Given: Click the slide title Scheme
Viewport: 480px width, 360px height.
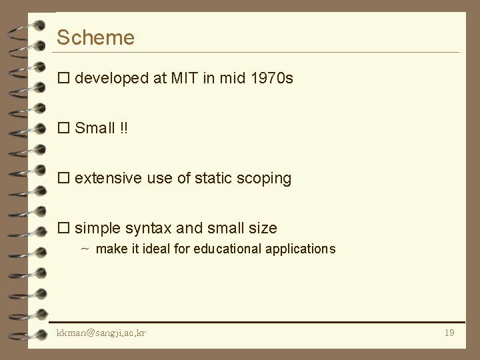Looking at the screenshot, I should pos(95,38).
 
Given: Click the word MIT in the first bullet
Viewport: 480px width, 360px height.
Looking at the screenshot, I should pos(185,79).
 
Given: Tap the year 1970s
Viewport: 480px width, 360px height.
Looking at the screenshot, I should pos(271,79).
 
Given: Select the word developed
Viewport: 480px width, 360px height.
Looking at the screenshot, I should pos(111,79).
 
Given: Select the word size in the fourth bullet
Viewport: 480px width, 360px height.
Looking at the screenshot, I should pos(263,229).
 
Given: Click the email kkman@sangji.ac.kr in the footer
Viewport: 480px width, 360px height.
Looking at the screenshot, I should pos(101,333).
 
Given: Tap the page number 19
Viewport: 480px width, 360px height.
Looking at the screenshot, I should pos(449,333).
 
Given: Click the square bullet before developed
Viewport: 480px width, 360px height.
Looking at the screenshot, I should pos(63,79).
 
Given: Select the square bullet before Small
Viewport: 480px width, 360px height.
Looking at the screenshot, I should pos(63,129).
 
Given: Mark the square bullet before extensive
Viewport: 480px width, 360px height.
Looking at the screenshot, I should pos(63,179).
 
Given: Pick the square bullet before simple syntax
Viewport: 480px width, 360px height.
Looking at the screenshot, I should pos(63,229).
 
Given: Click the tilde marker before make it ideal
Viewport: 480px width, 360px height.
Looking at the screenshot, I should pos(85,249).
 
